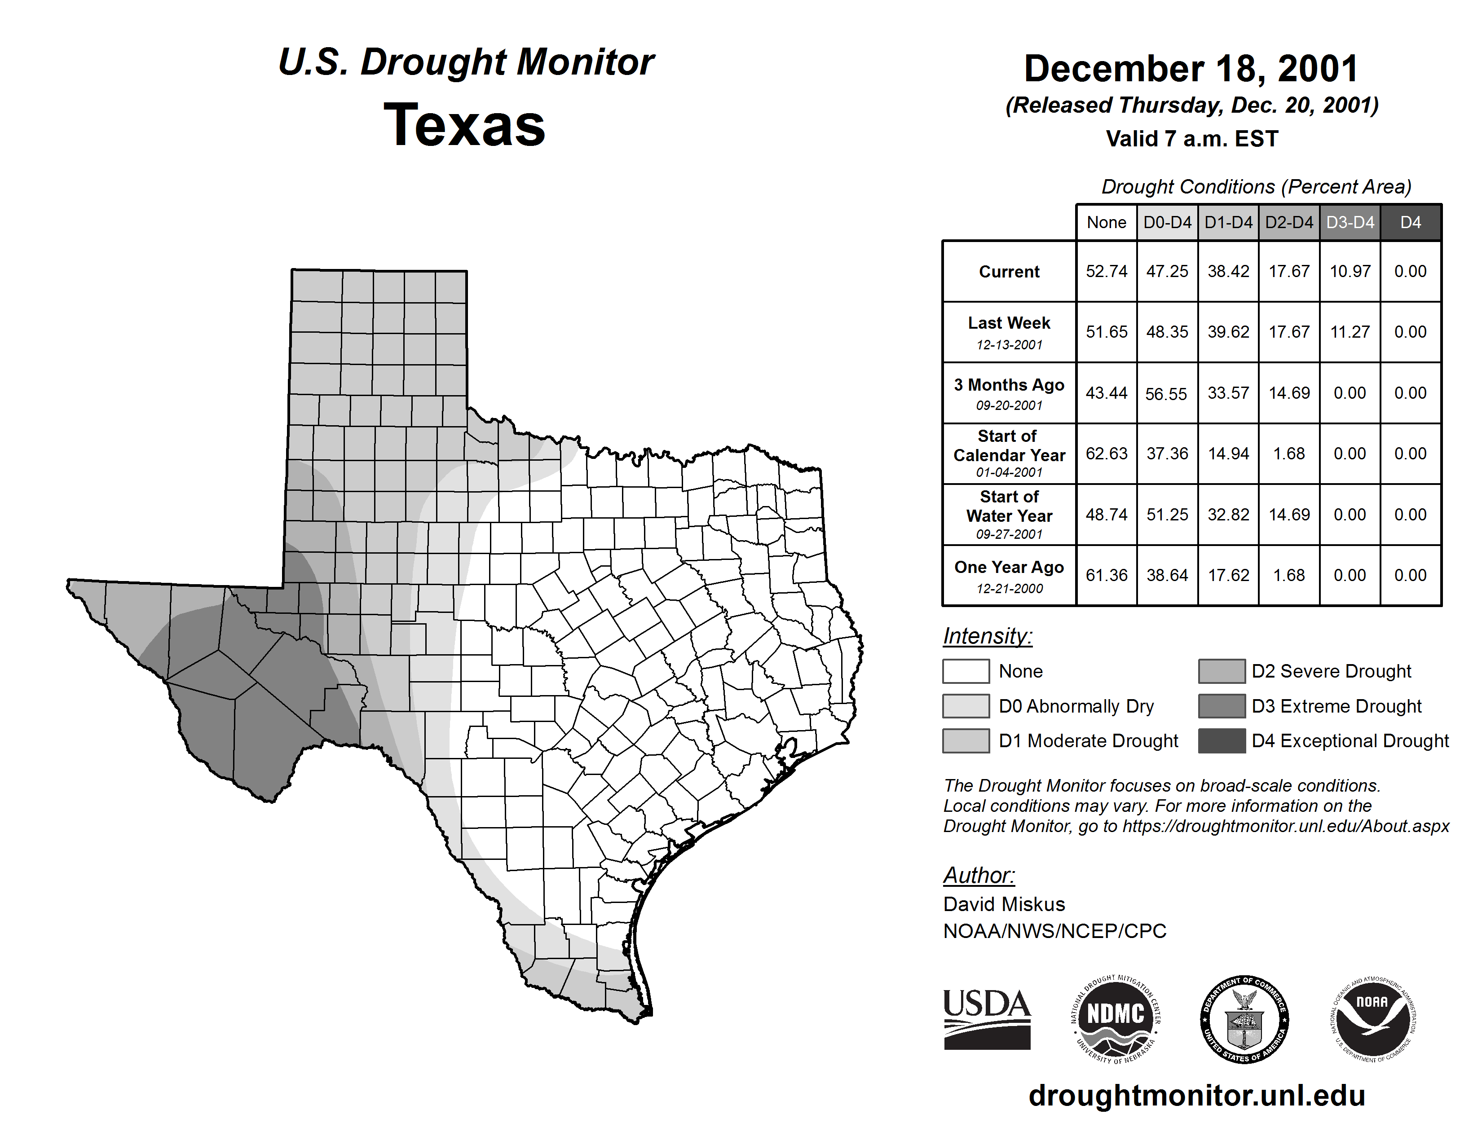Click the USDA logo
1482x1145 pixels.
pos(987,1019)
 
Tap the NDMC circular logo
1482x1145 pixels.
pos(1116,1019)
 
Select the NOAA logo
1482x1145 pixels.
pos(1372,1019)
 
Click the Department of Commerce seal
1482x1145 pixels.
pos(1244,1019)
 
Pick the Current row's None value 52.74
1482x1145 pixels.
pos(1106,271)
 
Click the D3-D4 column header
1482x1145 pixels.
pos(1350,222)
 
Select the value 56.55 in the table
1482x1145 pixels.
pos(1166,393)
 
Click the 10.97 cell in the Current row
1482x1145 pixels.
pos(1350,271)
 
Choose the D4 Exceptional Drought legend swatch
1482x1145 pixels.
pos(1222,741)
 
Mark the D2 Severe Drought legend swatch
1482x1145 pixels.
pos(1222,671)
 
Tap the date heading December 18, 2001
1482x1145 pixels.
pos(1191,69)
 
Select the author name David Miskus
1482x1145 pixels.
pos(1004,904)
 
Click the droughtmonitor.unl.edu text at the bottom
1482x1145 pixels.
pos(1197,1096)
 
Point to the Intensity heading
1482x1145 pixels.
pos(987,636)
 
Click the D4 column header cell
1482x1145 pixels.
pos(1410,222)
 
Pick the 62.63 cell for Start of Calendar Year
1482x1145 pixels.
pos(1106,454)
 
